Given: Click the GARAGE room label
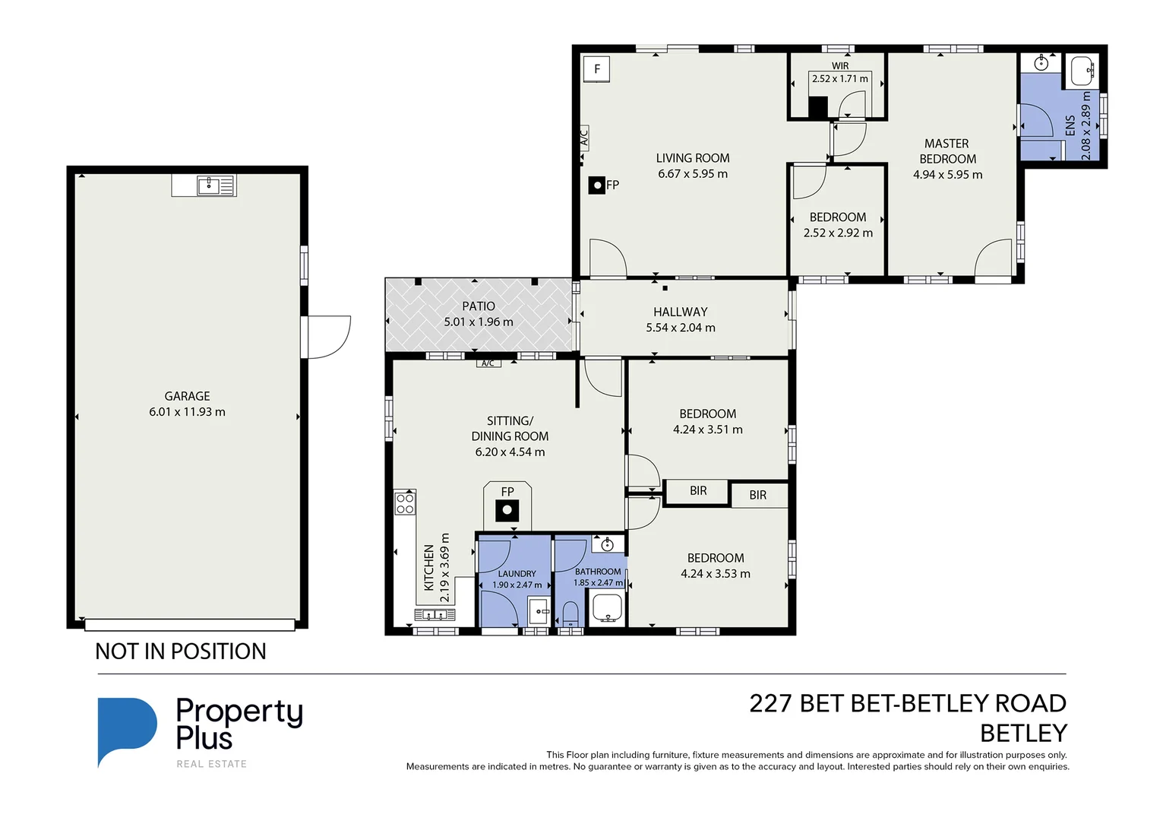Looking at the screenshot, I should pos(187,396).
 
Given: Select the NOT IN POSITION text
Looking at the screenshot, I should pos(181,651).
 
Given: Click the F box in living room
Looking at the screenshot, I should pos(597,69).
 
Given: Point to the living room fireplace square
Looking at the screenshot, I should pos(598,185).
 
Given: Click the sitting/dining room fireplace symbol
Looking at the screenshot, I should pos(507,510).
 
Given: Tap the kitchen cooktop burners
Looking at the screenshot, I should pos(405,504).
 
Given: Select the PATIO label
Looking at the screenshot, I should pos(479,306).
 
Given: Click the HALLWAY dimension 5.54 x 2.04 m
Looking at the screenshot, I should pos(681,328).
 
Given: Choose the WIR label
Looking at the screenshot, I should pos(840,66).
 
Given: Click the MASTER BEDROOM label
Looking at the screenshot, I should pos(947,151).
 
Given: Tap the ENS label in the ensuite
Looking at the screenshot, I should pos(1070,125).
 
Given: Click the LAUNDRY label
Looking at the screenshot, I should pos(517,574).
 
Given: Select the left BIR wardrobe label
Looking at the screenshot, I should pos(698,491).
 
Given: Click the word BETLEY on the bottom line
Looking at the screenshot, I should pos(1023,734).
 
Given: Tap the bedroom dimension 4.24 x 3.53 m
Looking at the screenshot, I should pos(716,574).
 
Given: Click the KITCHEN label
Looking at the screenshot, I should pos(429,567).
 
